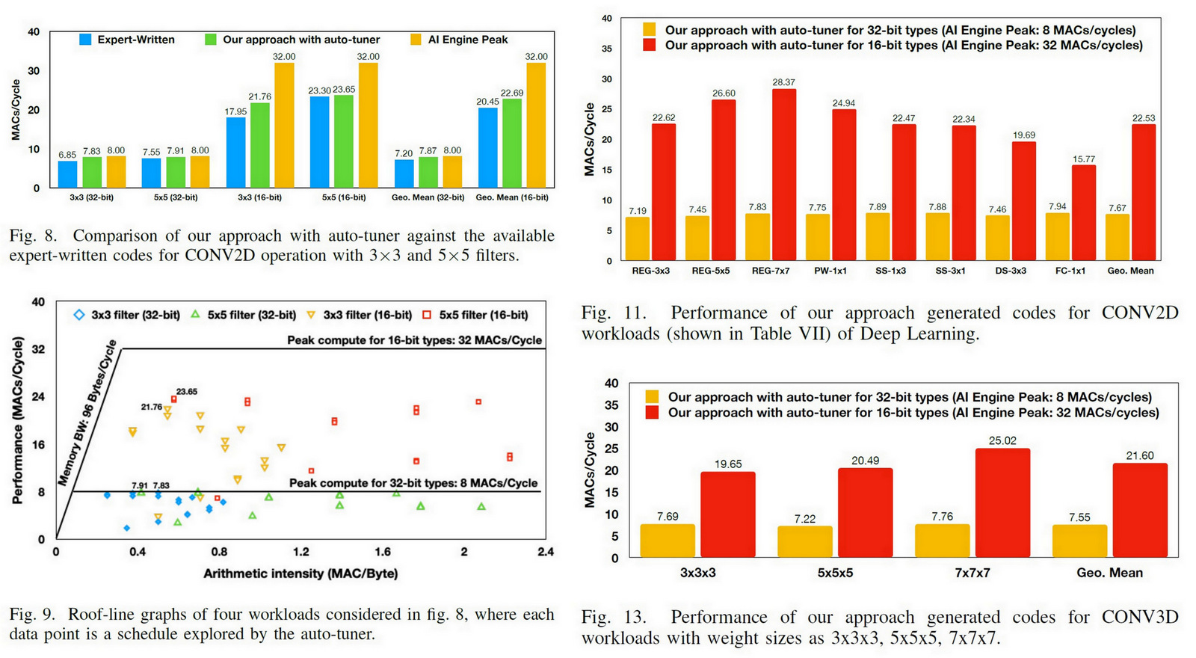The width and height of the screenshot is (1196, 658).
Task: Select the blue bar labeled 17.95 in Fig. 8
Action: (235, 152)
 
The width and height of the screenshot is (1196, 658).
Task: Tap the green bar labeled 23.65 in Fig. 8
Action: (344, 141)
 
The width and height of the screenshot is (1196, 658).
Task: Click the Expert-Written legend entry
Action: (127, 40)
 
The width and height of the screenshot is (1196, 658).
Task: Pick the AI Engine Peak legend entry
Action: (459, 40)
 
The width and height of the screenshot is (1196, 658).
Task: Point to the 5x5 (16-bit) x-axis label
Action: (344, 197)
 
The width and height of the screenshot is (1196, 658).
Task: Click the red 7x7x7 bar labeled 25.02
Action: (1002, 502)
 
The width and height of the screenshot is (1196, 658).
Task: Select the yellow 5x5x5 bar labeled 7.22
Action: (805, 541)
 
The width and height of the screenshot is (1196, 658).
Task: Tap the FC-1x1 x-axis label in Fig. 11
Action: (1070, 271)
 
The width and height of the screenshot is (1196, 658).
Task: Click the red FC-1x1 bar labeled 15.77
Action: (1084, 212)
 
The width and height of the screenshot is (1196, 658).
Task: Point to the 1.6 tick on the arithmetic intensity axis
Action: (383, 552)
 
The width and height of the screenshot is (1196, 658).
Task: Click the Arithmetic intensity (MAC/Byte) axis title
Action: (300, 574)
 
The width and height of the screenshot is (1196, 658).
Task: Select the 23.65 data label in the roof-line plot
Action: (187, 391)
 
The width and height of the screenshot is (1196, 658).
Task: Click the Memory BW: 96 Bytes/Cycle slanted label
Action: (88, 413)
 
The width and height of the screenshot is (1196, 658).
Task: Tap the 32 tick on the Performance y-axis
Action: (39, 349)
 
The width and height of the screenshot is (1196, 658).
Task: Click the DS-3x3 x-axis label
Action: (1010, 271)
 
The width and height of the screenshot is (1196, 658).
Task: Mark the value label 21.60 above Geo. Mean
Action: (1140, 455)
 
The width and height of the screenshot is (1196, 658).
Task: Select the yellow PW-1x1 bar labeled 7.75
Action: (817, 237)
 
